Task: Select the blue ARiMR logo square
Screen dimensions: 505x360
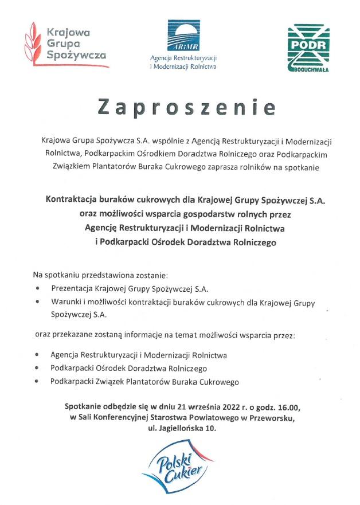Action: click(183, 36)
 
